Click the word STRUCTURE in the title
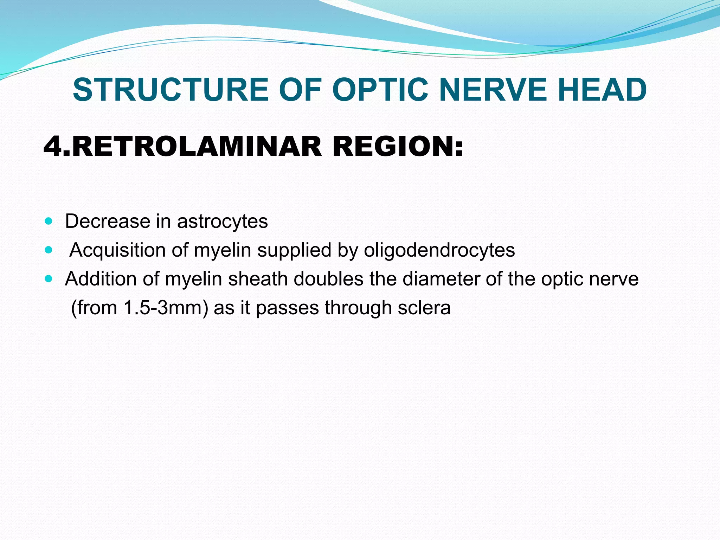tap(171, 90)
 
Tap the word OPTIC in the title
tap(380, 90)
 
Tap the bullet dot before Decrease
tap(49, 221)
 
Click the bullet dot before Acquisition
tap(49, 250)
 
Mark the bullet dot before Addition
tap(49, 279)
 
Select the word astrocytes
tap(222, 221)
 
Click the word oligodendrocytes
tap(439, 251)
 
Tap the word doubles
tap(328, 279)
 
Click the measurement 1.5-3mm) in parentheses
tap(166, 308)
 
